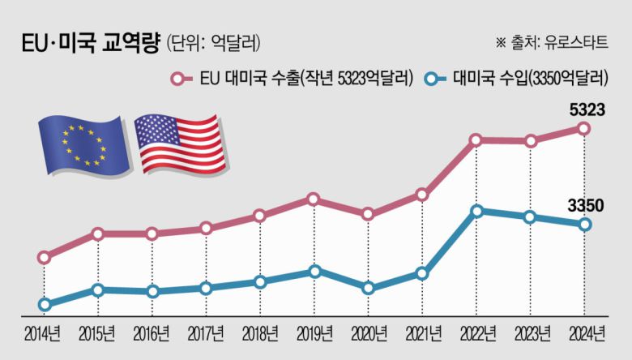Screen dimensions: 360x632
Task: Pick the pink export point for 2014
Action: (x=45, y=258)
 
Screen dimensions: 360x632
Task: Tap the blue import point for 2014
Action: (x=45, y=305)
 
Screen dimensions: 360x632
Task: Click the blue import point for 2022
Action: (x=477, y=211)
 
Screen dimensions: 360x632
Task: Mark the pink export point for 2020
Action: (x=368, y=214)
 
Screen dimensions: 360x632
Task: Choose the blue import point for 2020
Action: (x=368, y=288)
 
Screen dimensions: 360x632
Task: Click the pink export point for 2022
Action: (x=477, y=140)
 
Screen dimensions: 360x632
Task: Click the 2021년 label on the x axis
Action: (x=422, y=333)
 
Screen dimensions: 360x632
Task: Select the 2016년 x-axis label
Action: (x=152, y=333)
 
